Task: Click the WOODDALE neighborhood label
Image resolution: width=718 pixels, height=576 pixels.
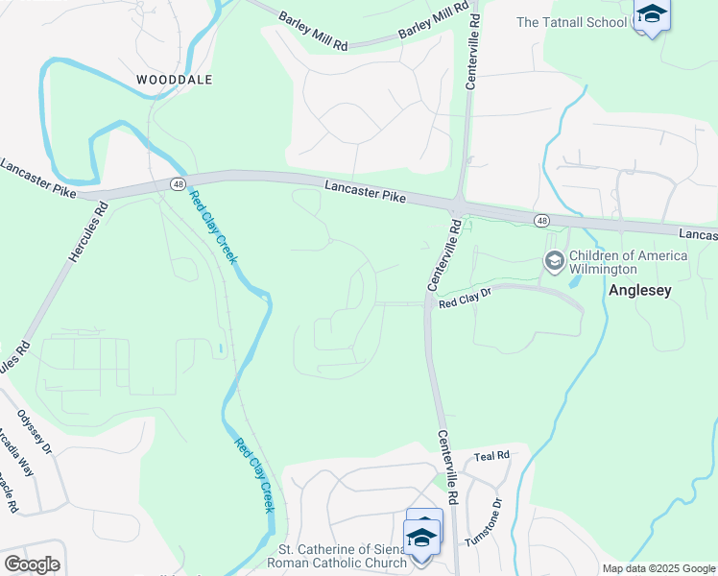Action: (174, 80)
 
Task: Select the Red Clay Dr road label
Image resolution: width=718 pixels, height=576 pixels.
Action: (465, 302)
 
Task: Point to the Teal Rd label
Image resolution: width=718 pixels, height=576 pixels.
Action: (491, 455)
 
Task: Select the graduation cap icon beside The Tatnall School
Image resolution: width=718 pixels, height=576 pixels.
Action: (652, 14)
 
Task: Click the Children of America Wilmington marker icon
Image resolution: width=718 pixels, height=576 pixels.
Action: (554, 260)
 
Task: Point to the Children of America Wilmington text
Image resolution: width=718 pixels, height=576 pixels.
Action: (628, 262)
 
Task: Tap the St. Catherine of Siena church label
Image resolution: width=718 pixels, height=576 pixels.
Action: (342, 556)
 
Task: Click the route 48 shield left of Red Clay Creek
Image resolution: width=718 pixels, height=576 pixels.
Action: (179, 183)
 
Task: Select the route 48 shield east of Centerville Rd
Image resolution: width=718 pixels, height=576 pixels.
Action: (542, 221)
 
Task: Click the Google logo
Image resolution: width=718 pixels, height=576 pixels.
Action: (33, 564)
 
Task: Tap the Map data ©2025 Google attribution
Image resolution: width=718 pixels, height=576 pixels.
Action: (658, 568)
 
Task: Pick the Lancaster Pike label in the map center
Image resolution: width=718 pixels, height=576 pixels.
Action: (365, 191)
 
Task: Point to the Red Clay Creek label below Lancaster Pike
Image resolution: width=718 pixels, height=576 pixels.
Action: (212, 228)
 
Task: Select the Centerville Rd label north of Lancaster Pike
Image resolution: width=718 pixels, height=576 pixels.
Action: (471, 58)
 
